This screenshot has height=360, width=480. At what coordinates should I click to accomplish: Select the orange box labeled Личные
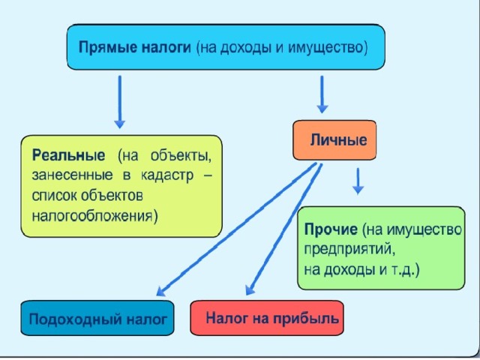(x=334, y=140)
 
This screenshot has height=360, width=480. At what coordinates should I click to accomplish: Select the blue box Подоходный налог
(x=97, y=318)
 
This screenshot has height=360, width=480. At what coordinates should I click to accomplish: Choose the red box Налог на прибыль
(x=267, y=318)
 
